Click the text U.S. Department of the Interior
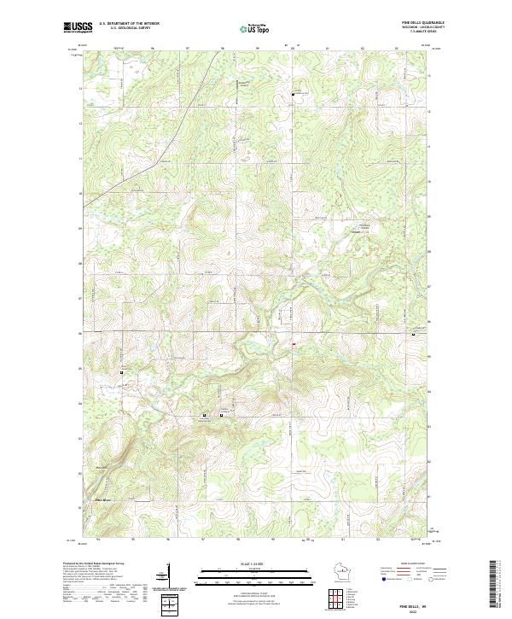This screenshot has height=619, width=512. pyautogui.click(x=129, y=23)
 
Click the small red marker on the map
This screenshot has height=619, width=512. pyautogui.click(x=293, y=345)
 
